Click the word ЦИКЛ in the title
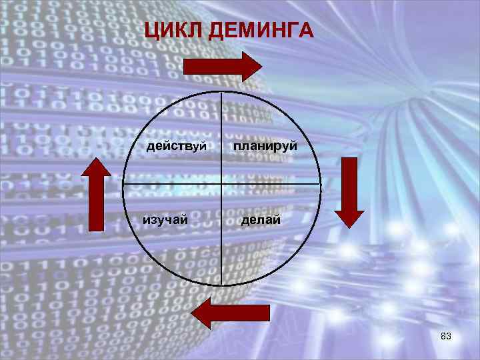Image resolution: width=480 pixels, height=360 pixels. pos(173,31)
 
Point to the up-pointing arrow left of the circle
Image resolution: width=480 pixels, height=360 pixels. pos(96,193)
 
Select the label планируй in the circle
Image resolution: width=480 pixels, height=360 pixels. pos(265,145)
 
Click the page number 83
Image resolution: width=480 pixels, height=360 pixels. pos(446,337)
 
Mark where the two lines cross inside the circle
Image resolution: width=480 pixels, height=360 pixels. pos(221,183)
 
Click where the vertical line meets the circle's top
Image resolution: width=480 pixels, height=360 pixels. pos(221,91)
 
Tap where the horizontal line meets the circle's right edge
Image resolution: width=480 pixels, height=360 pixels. pos(321,183)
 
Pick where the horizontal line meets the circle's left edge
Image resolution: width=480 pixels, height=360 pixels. pos(123,183)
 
